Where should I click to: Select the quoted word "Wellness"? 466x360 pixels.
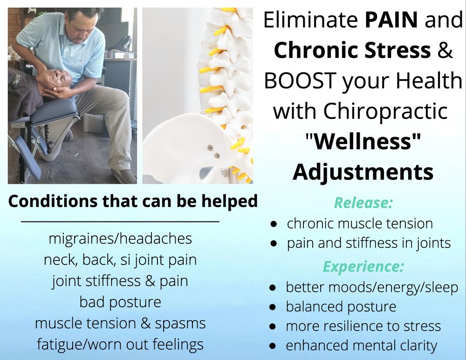click(363, 141)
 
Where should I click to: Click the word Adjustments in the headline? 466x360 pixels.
click(363, 172)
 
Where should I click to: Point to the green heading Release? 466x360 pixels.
click(363, 203)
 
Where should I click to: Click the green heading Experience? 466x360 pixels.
click(363, 267)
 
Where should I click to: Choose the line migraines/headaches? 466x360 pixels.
click(120, 239)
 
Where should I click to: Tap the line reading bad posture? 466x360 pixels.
click(120, 302)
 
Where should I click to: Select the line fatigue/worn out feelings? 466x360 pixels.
click(120, 344)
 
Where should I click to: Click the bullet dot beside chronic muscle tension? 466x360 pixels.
click(275, 224)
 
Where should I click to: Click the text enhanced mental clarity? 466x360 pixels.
click(361, 346)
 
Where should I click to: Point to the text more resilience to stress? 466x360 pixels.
click(363, 326)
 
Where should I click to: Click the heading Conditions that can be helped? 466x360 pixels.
click(133, 201)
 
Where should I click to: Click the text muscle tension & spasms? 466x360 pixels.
click(120, 323)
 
